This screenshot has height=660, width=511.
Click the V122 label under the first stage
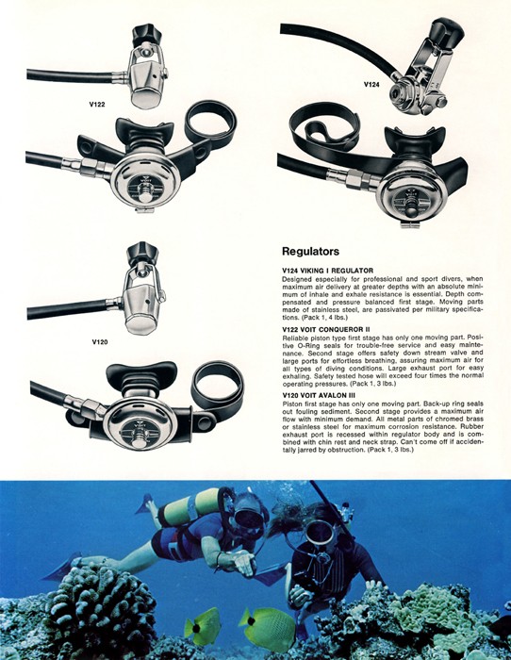pos(97,105)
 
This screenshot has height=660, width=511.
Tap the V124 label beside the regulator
pos(371,85)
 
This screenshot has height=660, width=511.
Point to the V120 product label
pos(100,341)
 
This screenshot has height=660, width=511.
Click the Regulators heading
pos(310,252)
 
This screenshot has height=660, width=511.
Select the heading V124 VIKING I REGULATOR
pos(327,271)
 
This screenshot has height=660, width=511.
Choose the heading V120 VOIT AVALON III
pos(319,395)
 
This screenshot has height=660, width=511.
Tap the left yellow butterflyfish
pos(204,626)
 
